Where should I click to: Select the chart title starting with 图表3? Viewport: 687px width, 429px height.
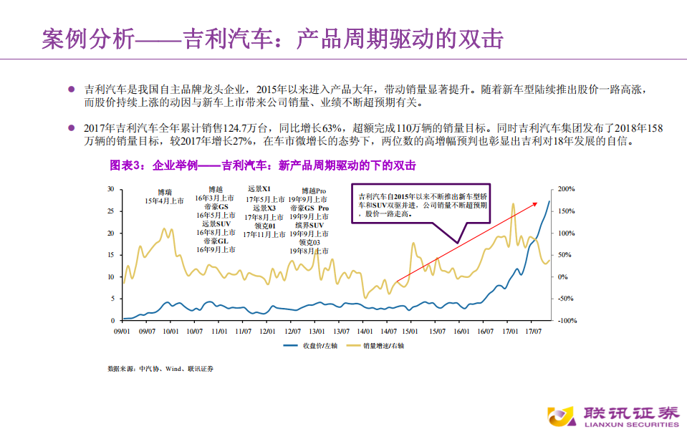click(262, 165)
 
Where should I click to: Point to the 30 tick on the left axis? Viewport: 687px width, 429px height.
click(111, 189)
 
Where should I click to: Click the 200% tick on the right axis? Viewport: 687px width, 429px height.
click(566, 189)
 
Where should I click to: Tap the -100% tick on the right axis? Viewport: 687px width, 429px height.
click(566, 320)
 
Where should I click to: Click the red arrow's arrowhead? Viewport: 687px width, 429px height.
click(537, 203)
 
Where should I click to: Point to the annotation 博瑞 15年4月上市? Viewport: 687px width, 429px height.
click(165, 197)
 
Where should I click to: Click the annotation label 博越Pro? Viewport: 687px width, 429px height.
click(309, 190)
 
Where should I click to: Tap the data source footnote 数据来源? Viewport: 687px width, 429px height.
click(160, 368)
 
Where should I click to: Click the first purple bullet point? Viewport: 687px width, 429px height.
click(71, 90)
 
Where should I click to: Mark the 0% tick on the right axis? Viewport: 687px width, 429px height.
click(563, 276)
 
